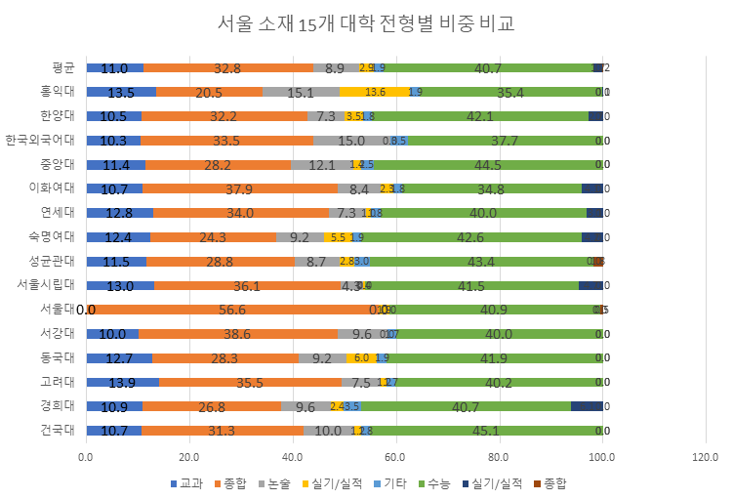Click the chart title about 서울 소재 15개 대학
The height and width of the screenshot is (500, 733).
365,23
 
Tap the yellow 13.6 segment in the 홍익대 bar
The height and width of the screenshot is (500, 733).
375,93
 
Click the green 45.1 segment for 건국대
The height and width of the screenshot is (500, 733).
485,430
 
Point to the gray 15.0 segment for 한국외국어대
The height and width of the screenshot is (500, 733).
351,141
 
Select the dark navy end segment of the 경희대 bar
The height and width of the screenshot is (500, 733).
587,406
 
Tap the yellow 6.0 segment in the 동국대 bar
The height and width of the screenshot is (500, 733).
361,358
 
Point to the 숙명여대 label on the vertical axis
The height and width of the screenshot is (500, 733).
54,237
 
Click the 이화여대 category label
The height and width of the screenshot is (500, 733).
54,189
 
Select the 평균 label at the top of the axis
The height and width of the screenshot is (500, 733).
63,68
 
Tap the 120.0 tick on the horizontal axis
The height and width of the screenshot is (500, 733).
705,456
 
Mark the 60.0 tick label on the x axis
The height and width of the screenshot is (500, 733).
395,456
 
